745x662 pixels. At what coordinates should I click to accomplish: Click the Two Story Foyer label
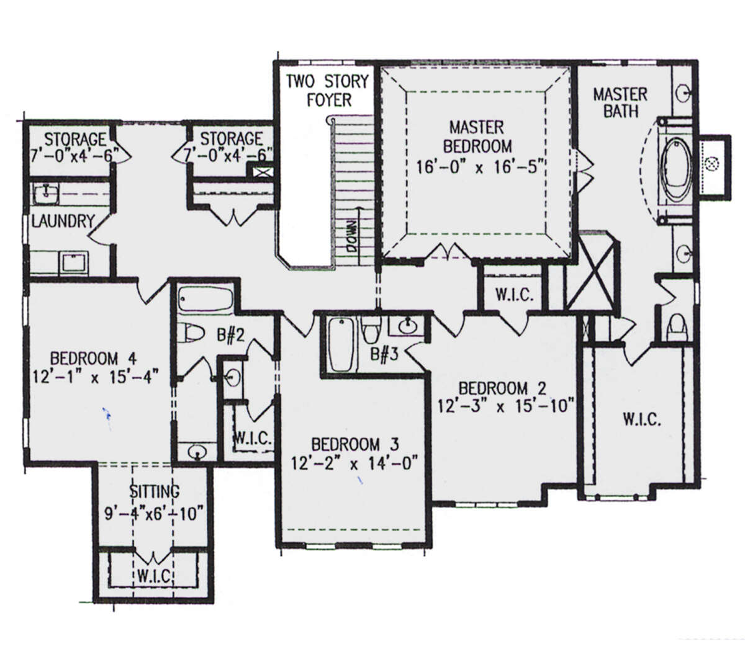tap(327, 91)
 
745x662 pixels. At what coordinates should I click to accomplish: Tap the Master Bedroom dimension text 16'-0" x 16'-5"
tap(479, 168)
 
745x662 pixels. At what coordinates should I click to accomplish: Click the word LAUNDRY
tap(63, 221)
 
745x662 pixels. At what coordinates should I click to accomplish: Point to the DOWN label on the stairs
tap(351, 236)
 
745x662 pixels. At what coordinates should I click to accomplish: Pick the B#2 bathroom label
tap(230, 335)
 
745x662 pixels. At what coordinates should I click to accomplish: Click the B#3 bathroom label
tap(384, 354)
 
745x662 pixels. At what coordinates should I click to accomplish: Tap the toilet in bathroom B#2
tap(191, 333)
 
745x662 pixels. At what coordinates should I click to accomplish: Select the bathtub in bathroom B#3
tap(341, 345)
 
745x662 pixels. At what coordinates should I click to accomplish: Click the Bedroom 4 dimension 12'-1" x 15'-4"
tap(96, 377)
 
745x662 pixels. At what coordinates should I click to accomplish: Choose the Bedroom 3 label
tap(355, 444)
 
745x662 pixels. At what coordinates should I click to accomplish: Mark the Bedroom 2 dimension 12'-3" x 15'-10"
tap(505, 406)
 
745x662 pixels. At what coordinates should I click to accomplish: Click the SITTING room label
tap(155, 491)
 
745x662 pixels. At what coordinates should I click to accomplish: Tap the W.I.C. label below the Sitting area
tap(154, 576)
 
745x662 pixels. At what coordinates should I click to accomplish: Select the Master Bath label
tap(620, 103)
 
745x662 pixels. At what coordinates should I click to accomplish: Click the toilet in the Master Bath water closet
tap(677, 328)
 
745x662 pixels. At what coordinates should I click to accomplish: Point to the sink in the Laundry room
tap(47, 194)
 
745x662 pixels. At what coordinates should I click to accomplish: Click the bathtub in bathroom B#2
tap(206, 299)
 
